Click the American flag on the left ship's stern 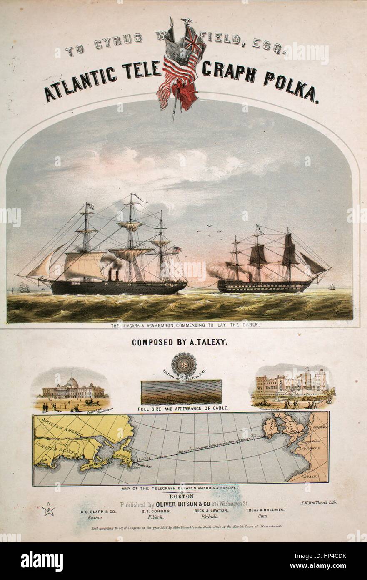177,250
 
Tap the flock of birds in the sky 212,229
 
